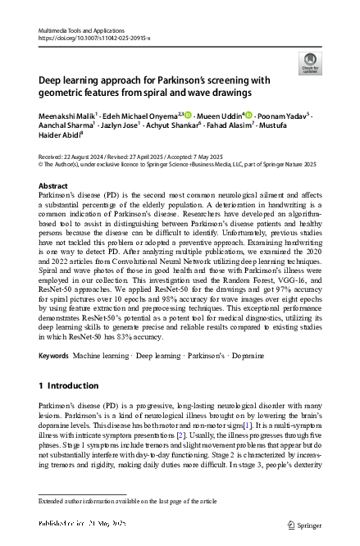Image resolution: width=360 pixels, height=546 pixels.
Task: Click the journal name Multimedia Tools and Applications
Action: tap(80, 29)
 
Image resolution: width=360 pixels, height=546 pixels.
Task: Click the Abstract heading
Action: tap(53, 187)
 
